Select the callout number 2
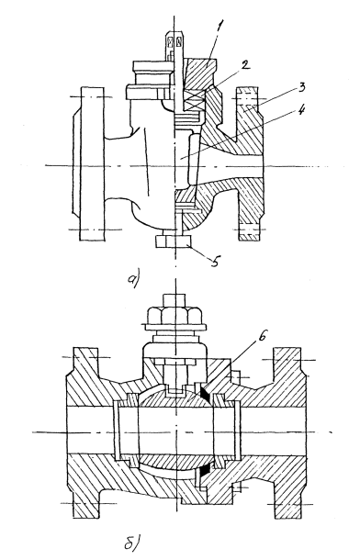click(x=245, y=65)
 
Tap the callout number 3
click(x=302, y=88)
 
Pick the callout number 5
click(x=215, y=262)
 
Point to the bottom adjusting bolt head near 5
click(x=174, y=241)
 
